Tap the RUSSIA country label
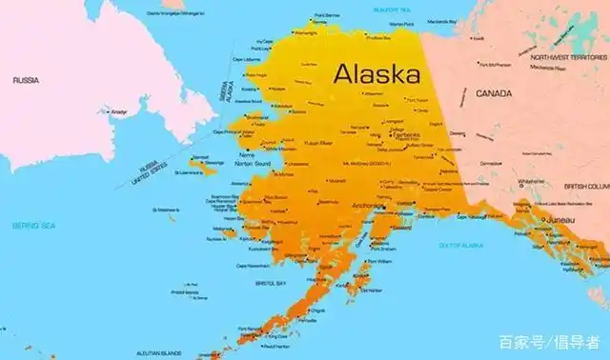pos(26,81)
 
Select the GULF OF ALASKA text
pos(460,246)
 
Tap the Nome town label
pos(247,153)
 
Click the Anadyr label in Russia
pos(119,111)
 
